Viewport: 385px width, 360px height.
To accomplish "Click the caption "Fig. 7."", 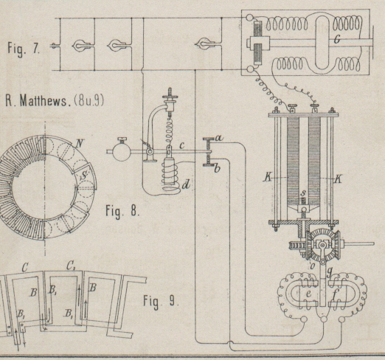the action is (x=23, y=49).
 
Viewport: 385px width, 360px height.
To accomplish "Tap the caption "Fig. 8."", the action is (x=122, y=211).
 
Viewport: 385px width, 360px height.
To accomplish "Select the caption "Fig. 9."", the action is (x=161, y=302).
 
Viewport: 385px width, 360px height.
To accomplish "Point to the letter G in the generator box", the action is (x=337, y=38).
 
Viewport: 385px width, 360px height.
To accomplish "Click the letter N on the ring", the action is (x=79, y=143).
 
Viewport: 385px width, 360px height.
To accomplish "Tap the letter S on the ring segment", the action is (x=84, y=176).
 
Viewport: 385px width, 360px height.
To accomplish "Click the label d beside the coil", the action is (x=186, y=184).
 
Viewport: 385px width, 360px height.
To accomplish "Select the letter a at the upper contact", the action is (x=219, y=139).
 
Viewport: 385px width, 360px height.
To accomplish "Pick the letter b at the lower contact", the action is (x=217, y=168).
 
